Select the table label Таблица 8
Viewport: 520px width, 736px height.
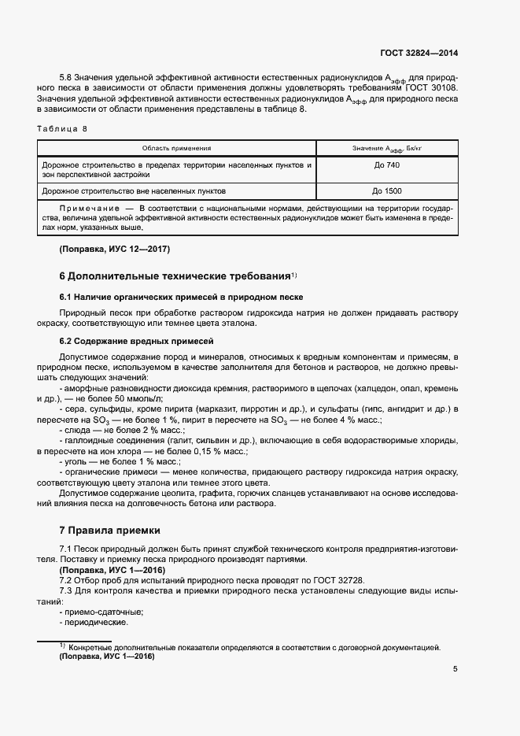coord(63,128)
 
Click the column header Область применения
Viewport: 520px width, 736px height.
coord(176,148)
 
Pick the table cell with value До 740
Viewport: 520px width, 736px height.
coord(387,166)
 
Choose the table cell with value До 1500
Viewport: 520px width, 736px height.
coord(387,190)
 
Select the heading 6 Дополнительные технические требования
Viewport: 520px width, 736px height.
coord(175,277)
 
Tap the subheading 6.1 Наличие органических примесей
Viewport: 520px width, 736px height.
coord(181,297)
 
